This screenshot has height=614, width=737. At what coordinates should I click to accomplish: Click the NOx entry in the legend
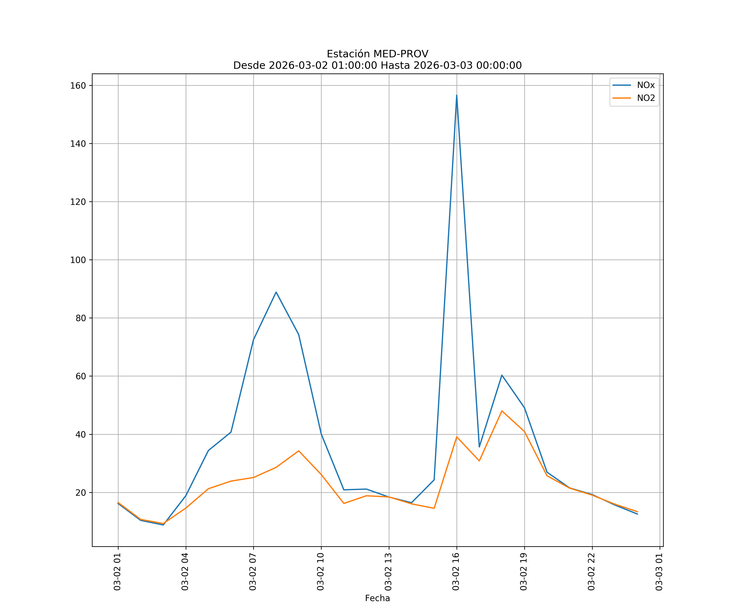(x=645, y=85)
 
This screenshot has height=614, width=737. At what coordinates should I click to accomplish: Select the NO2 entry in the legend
(x=645, y=98)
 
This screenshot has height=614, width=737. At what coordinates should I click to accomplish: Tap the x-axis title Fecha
(x=377, y=598)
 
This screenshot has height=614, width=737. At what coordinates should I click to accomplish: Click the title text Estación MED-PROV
(x=377, y=54)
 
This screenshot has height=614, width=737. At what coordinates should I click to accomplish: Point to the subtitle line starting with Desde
(x=377, y=66)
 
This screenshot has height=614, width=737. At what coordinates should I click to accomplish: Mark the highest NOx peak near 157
(x=457, y=95)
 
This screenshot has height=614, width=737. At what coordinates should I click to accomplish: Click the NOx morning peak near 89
(x=276, y=292)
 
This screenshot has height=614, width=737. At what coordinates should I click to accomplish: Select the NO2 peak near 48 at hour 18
(x=502, y=411)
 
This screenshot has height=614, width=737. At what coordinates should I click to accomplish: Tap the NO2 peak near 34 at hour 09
(x=299, y=451)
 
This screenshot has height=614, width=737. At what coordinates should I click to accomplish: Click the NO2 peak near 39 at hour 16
(x=457, y=437)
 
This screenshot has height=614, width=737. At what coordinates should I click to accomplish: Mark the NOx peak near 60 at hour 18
(x=502, y=375)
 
